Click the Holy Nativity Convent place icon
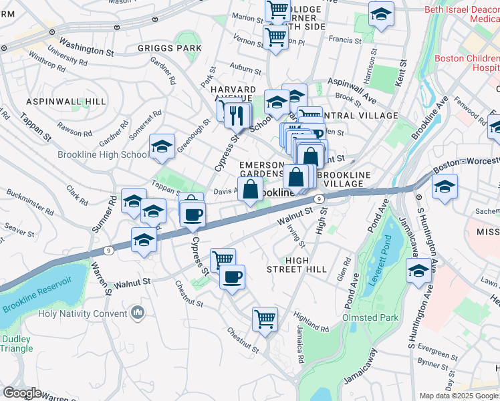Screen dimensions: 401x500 (138, 313)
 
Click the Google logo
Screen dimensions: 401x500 (22, 393)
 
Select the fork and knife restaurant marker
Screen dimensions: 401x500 (235, 116)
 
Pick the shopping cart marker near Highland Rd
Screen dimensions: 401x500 (265, 319)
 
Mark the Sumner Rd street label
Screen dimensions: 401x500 (100, 218)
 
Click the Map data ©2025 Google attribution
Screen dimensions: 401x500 (459, 396)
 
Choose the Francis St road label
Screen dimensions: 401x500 (345, 40)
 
